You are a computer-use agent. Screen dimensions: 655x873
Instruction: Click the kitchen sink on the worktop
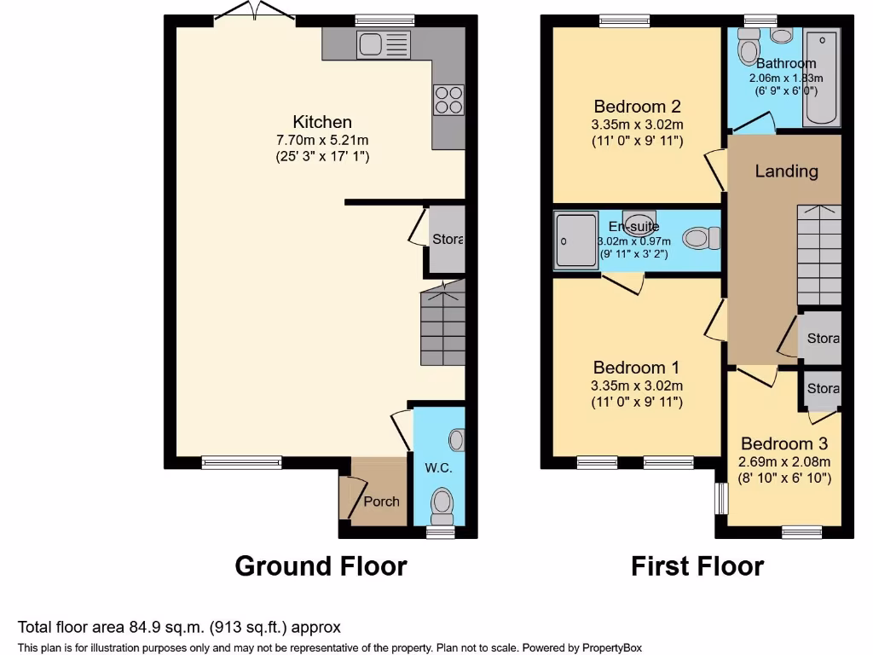(384, 44)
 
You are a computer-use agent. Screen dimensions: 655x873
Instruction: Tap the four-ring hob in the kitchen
(449, 100)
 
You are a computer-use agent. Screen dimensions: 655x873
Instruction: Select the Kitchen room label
(322, 122)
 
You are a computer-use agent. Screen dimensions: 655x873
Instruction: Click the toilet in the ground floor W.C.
(442, 503)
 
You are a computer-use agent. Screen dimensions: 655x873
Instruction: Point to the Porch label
(381, 501)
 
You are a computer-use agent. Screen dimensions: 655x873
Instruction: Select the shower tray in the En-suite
(575, 240)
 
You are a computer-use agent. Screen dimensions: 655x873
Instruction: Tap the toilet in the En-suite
(701, 238)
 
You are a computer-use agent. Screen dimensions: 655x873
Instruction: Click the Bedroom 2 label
(637, 107)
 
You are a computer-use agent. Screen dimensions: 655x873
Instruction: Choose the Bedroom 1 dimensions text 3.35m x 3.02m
(637, 385)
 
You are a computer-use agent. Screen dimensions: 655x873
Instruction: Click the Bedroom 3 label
(783, 443)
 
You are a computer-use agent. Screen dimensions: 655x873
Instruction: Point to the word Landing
(786, 171)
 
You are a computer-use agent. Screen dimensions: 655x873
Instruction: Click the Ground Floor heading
(321, 565)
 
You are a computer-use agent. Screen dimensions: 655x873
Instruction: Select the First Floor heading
(697, 565)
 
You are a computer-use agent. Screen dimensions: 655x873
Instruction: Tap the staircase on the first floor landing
(818, 256)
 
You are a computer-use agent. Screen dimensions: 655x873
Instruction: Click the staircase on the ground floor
(442, 324)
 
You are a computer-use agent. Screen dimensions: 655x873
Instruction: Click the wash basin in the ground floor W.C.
(457, 440)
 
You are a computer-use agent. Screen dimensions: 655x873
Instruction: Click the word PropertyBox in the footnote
(612, 647)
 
